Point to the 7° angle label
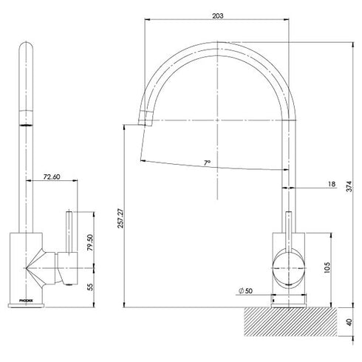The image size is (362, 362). [208, 161]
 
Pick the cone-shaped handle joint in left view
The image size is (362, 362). [41, 267]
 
